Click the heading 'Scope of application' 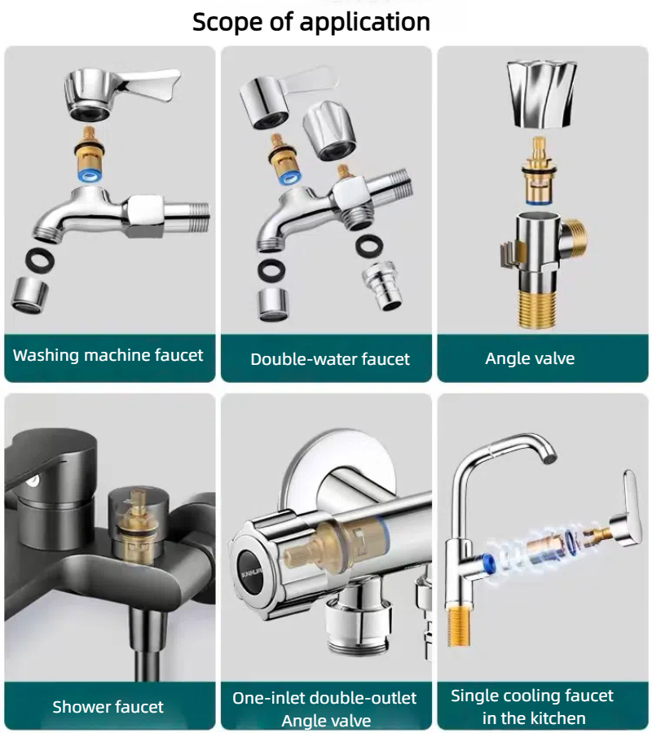click(x=311, y=21)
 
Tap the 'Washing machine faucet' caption click(x=108, y=356)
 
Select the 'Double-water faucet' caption click(x=329, y=359)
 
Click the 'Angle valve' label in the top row click(x=530, y=358)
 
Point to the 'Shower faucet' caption click(x=108, y=707)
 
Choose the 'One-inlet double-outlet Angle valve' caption click(x=324, y=709)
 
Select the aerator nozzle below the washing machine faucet click(x=30, y=293)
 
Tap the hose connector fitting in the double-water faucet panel click(x=382, y=286)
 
